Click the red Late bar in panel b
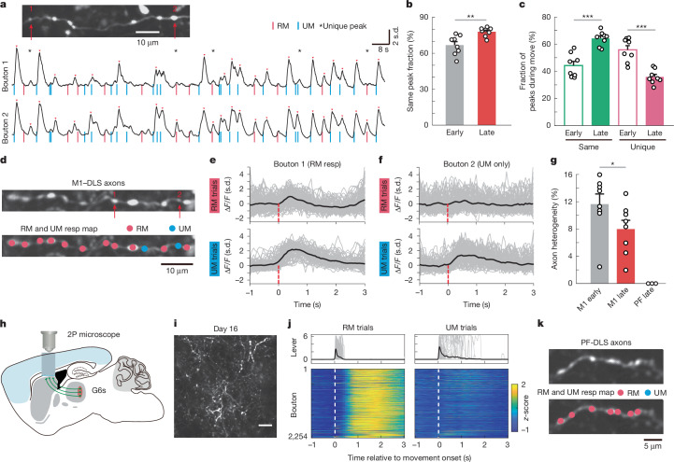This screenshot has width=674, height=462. tap(487, 78)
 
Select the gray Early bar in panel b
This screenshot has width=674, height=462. tap(454, 85)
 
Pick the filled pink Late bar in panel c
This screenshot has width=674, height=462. tap(654, 101)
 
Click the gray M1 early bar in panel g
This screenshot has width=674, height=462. tap(599, 244)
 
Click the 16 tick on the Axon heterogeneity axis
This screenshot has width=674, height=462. tap(567, 175)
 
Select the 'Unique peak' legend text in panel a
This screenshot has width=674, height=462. tap(344, 26)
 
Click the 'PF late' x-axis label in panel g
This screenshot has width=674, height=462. tap(645, 297)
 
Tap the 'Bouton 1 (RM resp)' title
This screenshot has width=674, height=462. tap(307, 164)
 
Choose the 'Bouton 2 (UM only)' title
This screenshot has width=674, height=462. tap(476, 164)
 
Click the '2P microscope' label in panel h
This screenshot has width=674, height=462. tap(93, 334)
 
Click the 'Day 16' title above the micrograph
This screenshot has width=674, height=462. tap(225, 329)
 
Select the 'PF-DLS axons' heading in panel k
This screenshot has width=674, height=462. tap(606, 343)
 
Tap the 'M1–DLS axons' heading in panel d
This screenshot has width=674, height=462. tap(98, 183)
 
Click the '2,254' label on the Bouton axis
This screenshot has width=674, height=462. tap(297, 436)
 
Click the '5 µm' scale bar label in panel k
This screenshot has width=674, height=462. tap(652, 446)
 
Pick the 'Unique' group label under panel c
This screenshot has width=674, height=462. tap(642, 147)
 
